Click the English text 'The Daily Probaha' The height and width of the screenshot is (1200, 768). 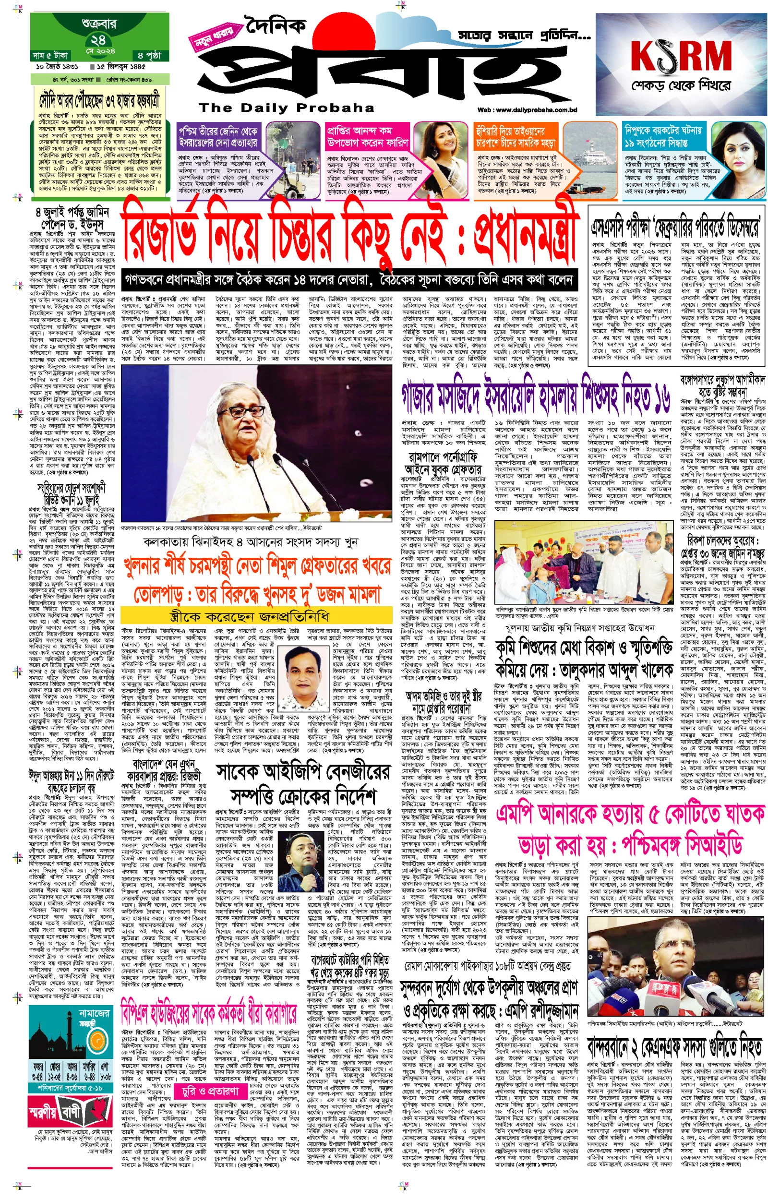(x=286, y=108)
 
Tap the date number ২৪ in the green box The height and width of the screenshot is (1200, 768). (x=98, y=40)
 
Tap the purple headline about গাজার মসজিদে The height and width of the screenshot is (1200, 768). (x=536, y=400)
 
